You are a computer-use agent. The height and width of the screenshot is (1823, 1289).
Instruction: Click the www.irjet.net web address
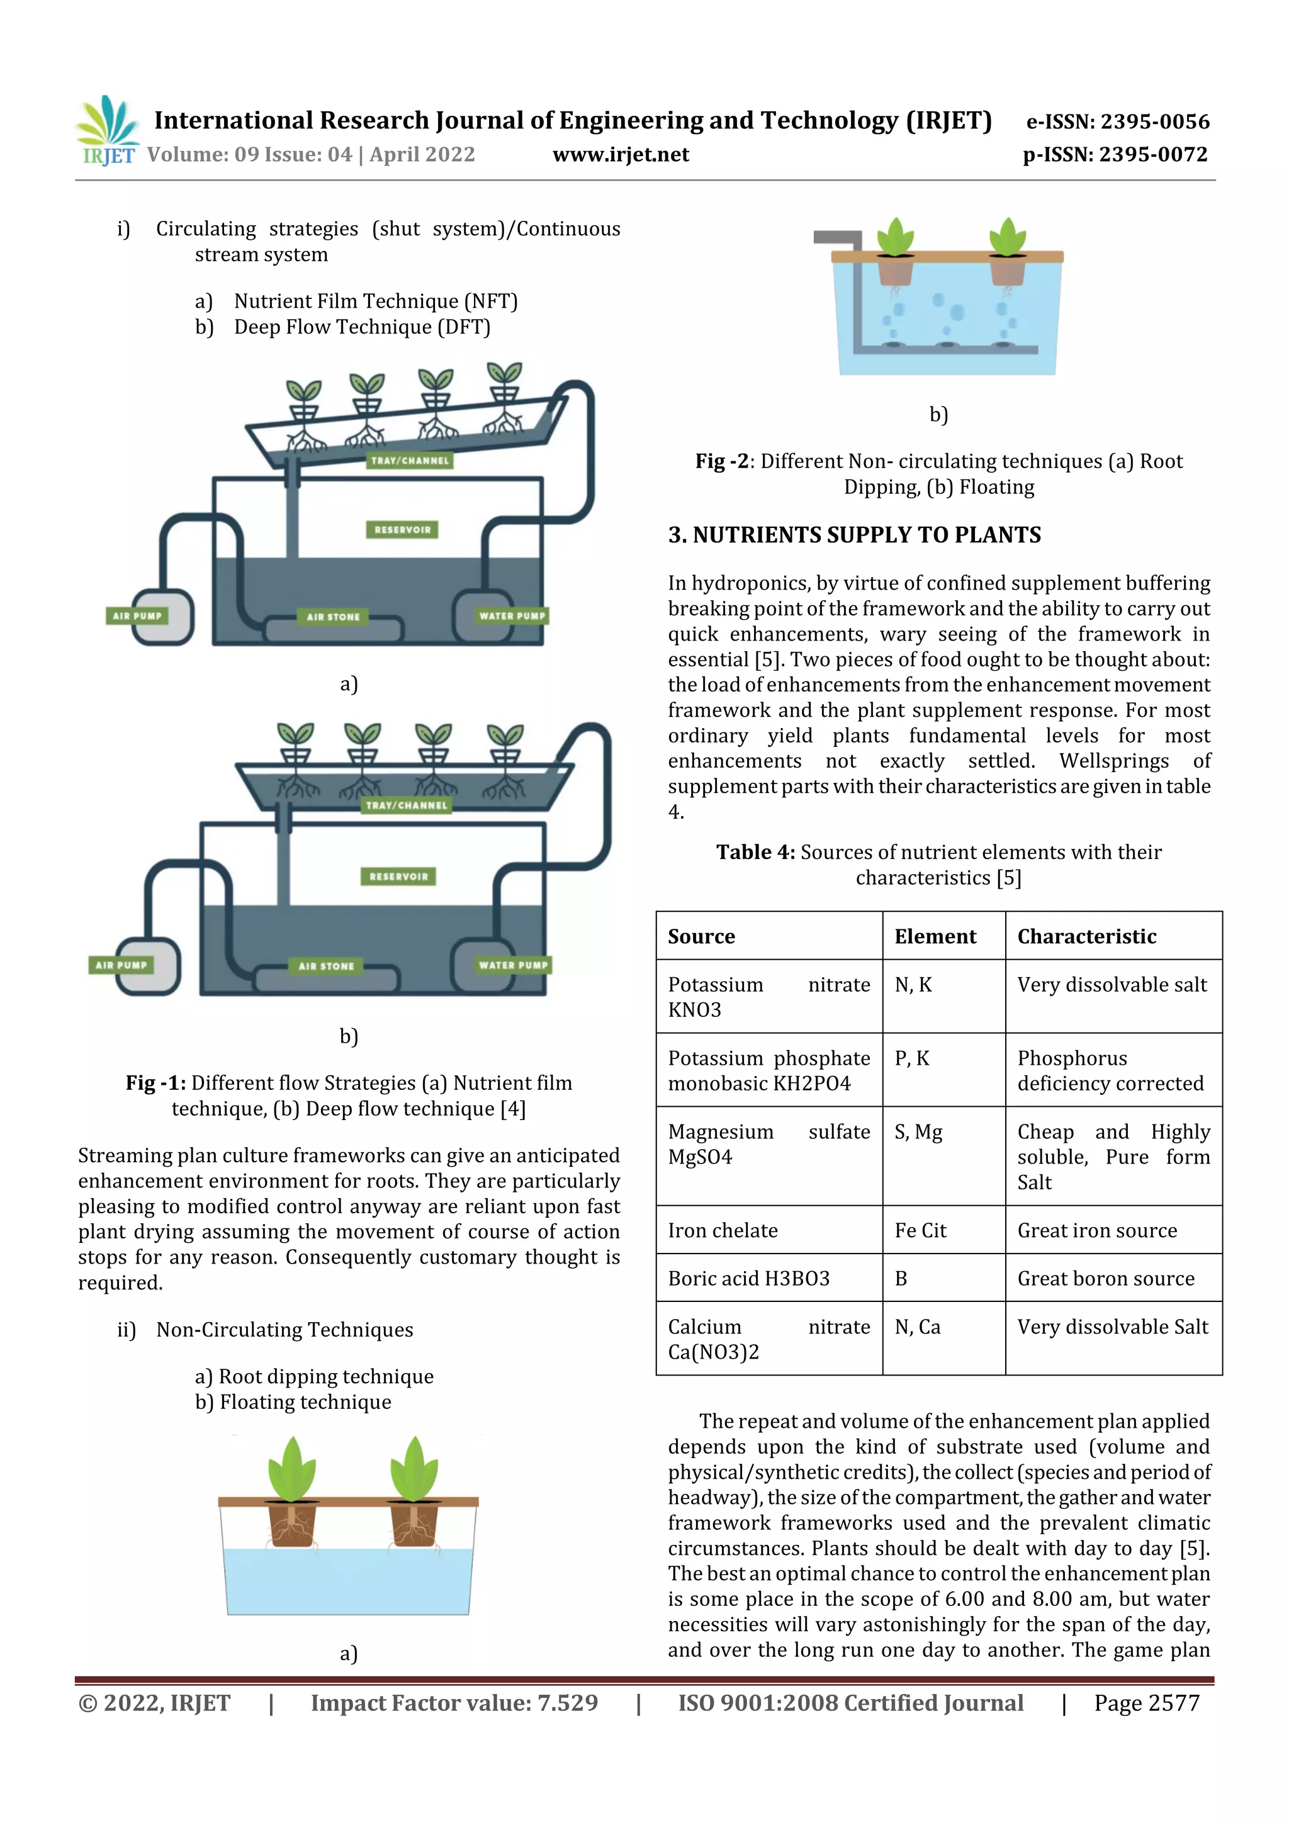click(x=621, y=155)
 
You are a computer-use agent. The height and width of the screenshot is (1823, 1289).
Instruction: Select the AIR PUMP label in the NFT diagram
click(x=137, y=615)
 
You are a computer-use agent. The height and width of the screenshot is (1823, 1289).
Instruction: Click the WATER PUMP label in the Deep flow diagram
click(x=512, y=965)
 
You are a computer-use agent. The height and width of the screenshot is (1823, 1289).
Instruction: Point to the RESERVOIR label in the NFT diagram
click(x=402, y=530)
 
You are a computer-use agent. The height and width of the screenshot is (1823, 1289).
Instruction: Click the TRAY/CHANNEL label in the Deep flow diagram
click(x=407, y=805)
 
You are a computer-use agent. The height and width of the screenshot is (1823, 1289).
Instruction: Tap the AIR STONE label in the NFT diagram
click(x=333, y=616)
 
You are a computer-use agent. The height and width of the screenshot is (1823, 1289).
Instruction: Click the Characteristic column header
click(x=1086, y=936)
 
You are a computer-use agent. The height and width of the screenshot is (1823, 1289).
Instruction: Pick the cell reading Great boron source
click(x=1106, y=1278)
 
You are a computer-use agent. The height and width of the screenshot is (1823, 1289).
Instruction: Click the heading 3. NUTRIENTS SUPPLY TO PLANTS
click(x=854, y=535)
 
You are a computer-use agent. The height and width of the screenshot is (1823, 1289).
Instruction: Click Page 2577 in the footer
click(x=1146, y=1702)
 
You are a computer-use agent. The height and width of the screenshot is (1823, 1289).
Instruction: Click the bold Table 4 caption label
click(x=755, y=852)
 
